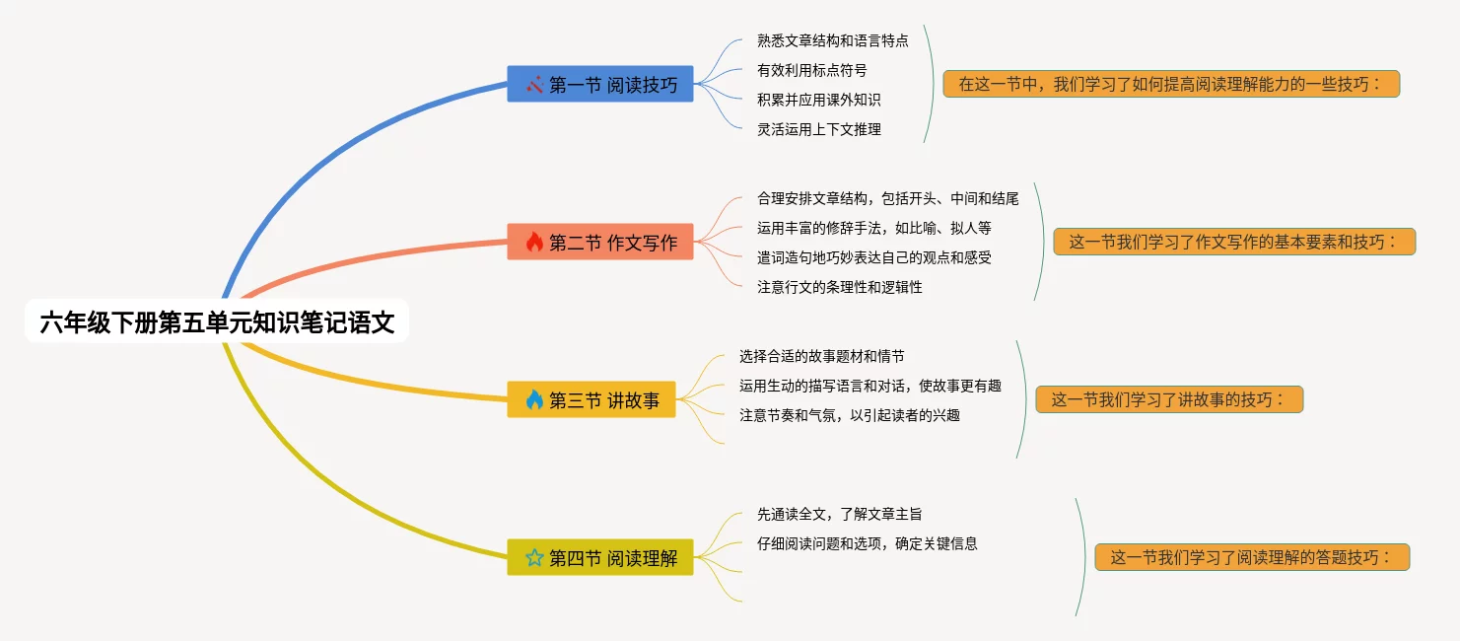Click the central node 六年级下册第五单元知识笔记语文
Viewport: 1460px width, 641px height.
coord(217,322)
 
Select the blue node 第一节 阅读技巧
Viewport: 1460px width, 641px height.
coord(600,84)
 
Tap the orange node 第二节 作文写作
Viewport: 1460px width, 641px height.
coord(600,242)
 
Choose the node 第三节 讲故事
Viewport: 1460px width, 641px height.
coord(591,399)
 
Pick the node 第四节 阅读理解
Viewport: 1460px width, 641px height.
coord(600,557)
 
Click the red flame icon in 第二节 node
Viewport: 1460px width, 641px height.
coord(534,242)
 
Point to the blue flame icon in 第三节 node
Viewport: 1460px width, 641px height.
coord(534,399)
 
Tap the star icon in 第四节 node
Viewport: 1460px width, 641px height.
coord(534,557)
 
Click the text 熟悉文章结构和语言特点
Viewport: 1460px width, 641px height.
coord(832,40)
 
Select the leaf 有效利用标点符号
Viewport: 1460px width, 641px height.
coord(811,70)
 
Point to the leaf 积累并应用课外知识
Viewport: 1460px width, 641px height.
coord(818,100)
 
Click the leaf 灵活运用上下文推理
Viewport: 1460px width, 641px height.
coord(818,129)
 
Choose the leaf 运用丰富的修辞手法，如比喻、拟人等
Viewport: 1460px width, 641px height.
coord(873,228)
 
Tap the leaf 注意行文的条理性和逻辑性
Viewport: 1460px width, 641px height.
coord(839,287)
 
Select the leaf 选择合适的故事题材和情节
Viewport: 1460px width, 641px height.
coord(821,356)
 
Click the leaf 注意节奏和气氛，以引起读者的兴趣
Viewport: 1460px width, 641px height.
coord(849,415)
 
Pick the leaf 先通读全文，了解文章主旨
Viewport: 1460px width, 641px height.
coord(839,514)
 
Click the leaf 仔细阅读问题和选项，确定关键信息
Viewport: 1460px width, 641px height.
coord(867,543)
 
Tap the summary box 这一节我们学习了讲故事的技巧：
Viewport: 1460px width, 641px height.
coord(1169,399)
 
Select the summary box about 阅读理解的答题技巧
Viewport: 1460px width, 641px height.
coord(1252,557)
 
